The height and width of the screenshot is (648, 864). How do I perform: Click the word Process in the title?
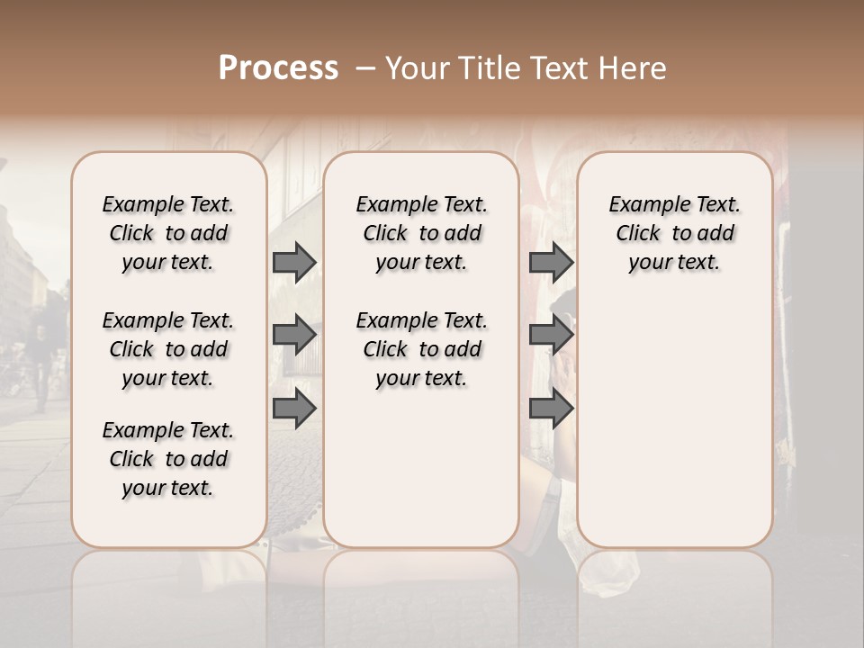tap(278, 68)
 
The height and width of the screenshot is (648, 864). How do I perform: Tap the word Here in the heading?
tap(634, 68)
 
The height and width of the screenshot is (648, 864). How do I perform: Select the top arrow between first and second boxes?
tap(294, 262)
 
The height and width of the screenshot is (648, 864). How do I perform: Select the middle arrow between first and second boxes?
tap(294, 336)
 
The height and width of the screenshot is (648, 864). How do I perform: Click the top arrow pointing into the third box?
tap(551, 262)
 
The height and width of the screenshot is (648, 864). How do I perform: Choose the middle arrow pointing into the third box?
tap(551, 336)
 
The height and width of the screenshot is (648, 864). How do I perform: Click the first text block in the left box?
tap(168, 233)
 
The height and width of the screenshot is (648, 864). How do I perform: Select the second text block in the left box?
tap(168, 349)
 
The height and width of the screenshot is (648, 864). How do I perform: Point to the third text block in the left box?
tap(168, 459)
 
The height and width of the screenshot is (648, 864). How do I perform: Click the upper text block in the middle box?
tap(421, 233)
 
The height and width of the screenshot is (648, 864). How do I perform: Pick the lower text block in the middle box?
tap(421, 349)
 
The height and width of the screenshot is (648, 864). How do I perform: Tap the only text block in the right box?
tap(674, 233)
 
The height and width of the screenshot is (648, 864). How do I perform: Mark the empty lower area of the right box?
tap(674, 414)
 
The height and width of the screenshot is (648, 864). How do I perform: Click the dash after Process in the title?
tap(364, 68)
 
